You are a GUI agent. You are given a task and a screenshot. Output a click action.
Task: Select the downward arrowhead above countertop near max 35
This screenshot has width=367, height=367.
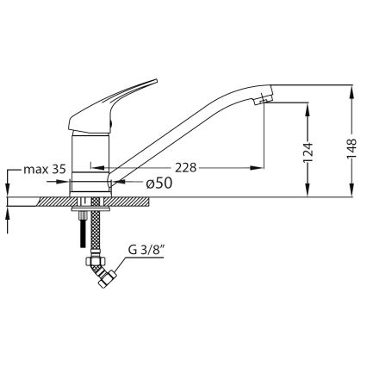pos(8,192)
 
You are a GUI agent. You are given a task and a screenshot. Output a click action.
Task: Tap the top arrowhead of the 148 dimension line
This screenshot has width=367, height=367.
pos(353,88)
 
